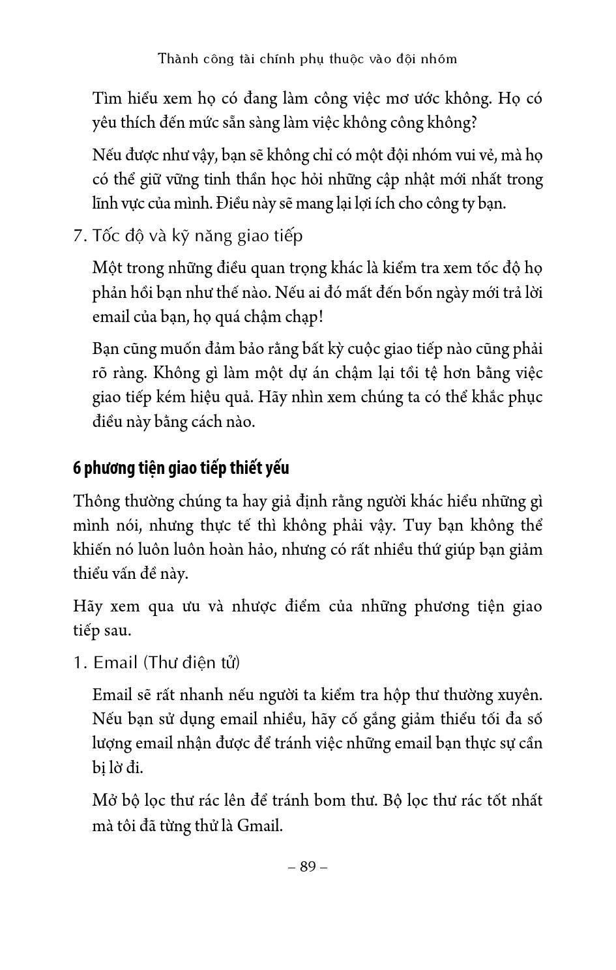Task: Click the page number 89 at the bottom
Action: pos(308,866)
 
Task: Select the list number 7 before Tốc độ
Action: pos(78,236)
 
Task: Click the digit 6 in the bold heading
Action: pos(77,468)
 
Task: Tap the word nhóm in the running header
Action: pos(440,59)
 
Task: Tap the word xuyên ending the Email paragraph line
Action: pos(520,695)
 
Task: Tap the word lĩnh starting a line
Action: pos(107,203)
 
